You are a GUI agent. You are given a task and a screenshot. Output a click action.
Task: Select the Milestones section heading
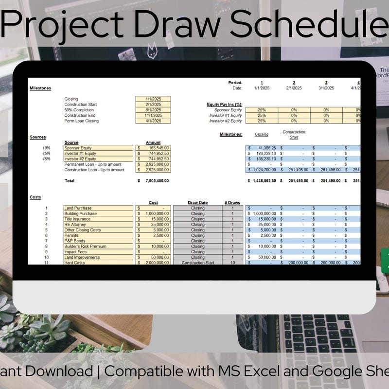point(40,88)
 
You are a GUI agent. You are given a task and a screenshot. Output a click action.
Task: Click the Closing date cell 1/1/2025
point(153,99)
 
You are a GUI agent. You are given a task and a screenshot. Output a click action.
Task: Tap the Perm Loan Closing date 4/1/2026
point(153,121)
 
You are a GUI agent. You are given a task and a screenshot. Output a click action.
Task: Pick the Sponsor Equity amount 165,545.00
point(156,148)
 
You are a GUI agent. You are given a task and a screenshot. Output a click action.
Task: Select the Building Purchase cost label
point(81,213)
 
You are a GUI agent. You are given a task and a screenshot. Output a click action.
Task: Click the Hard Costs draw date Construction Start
point(198,263)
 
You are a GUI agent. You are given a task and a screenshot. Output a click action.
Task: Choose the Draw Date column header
point(197,203)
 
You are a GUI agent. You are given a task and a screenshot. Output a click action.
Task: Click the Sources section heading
point(38,137)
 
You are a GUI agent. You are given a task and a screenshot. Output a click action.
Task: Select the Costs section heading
point(35,197)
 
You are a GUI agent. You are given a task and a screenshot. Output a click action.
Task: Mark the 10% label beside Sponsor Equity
point(46,148)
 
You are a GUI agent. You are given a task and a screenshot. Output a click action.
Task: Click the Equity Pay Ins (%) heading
point(225,105)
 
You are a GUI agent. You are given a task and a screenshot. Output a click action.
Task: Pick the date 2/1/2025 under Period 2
point(294,88)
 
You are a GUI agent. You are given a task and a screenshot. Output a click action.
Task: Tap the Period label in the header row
point(235,83)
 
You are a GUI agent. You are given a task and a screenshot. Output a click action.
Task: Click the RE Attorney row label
point(75,225)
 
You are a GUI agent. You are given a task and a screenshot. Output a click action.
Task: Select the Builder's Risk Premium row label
point(86,247)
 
